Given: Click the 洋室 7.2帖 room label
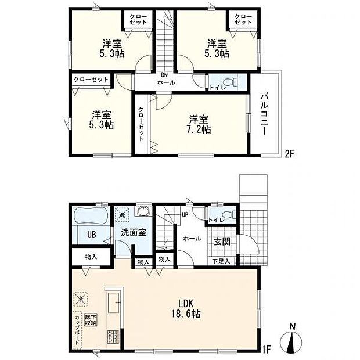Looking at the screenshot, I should tap(199, 124).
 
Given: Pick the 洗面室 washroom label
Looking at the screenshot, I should tap(133, 232).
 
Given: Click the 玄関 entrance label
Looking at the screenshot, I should tap(222, 241).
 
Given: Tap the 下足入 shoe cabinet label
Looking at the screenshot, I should tap(221, 261).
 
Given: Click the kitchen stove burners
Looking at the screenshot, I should tap(112, 336).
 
